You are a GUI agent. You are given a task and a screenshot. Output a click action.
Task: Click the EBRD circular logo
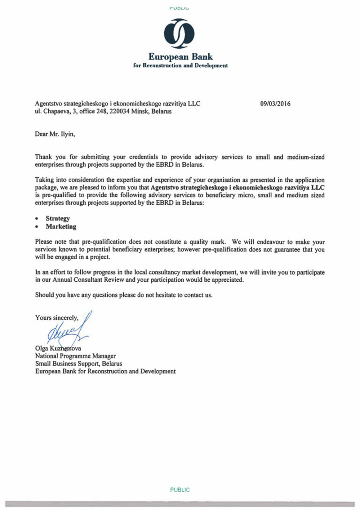pyautogui.click(x=180, y=34)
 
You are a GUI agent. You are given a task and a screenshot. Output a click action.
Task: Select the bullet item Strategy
pyautogui.click(x=58, y=218)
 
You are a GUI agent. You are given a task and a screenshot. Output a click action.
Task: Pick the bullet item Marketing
pyautogui.click(x=61, y=226)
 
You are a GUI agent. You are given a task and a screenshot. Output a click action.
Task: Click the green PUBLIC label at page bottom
pyautogui.click(x=180, y=490)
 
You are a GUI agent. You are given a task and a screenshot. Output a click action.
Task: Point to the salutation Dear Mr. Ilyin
pyautogui.click(x=55, y=134)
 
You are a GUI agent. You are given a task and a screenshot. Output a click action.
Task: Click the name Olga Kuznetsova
pyautogui.click(x=59, y=349)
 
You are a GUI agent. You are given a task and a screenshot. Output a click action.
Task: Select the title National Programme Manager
pyautogui.click(x=75, y=356)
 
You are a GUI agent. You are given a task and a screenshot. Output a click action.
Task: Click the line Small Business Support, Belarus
pyautogui.click(x=78, y=364)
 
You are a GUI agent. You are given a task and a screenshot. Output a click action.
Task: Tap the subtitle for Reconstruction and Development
pyautogui.click(x=180, y=66)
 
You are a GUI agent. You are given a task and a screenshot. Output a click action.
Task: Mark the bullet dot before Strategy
pyautogui.click(x=37, y=219)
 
